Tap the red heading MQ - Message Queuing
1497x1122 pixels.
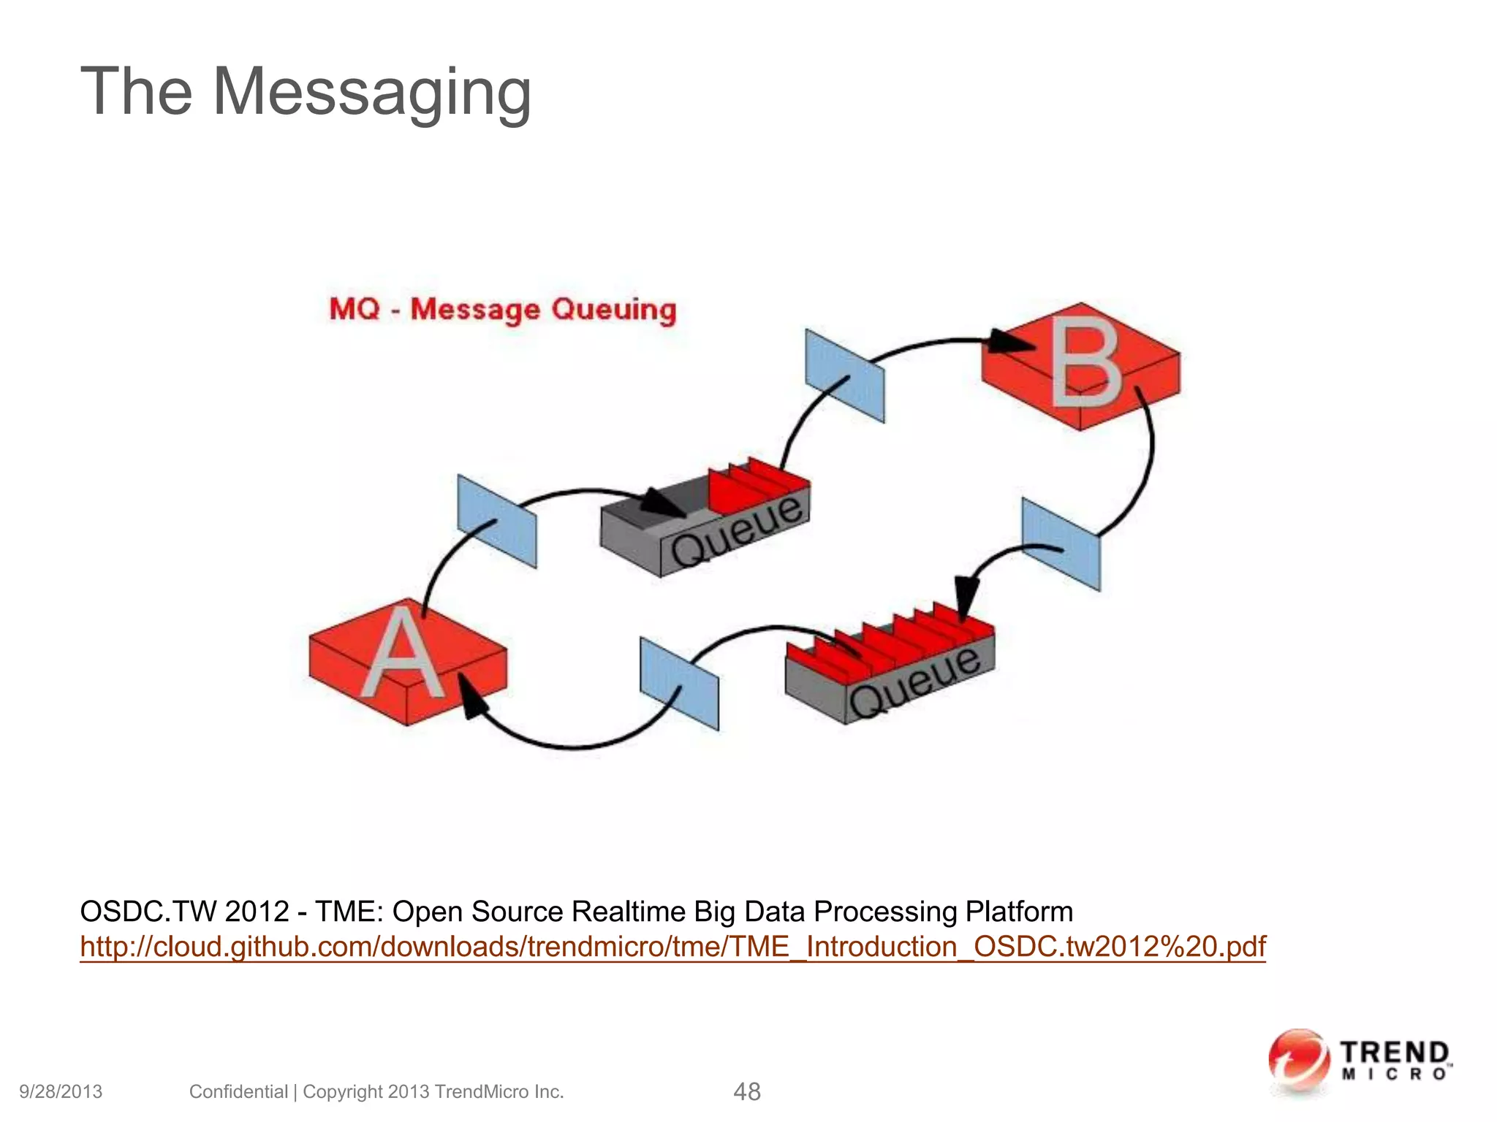[x=503, y=309]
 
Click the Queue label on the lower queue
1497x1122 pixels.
[x=914, y=682]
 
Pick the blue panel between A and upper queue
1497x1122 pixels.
[x=497, y=521]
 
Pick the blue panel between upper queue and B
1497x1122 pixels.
[x=844, y=375]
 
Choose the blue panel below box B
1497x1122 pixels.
[x=1061, y=544]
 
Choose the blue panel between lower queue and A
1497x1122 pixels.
[x=679, y=684]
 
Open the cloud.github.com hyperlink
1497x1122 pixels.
[x=672, y=947]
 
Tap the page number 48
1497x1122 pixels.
[x=746, y=1092]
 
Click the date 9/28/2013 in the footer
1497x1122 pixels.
[x=61, y=1092]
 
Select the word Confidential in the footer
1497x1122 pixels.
[x=238, y=1092]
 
